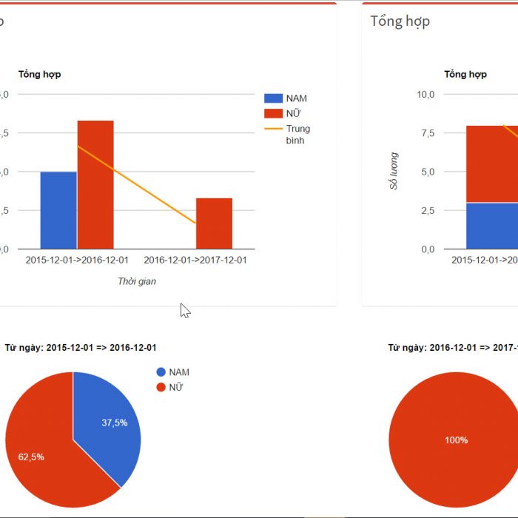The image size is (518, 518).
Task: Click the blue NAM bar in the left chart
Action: [58, 210]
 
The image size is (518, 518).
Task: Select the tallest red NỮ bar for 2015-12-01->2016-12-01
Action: [95, 184]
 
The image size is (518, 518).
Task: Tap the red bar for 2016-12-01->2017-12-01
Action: [214, 223]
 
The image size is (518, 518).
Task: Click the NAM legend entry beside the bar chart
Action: [286, 98]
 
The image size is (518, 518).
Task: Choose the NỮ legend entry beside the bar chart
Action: [285, 113]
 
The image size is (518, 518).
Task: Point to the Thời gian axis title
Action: [137, 281]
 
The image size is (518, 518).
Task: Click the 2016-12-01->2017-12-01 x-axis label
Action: [195, 260]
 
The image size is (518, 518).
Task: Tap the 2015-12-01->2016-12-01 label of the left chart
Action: [77, 260]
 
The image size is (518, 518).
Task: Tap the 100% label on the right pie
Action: [456, 440]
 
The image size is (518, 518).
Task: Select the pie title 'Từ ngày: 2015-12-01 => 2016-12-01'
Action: [81, 347]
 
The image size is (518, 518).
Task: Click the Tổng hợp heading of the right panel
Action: [400, 21]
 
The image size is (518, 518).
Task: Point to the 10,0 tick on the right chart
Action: [425, 94]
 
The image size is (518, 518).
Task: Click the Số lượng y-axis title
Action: [394, 171]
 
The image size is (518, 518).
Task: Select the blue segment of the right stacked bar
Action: [492, 225]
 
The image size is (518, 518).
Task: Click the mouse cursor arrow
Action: [184, 310]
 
